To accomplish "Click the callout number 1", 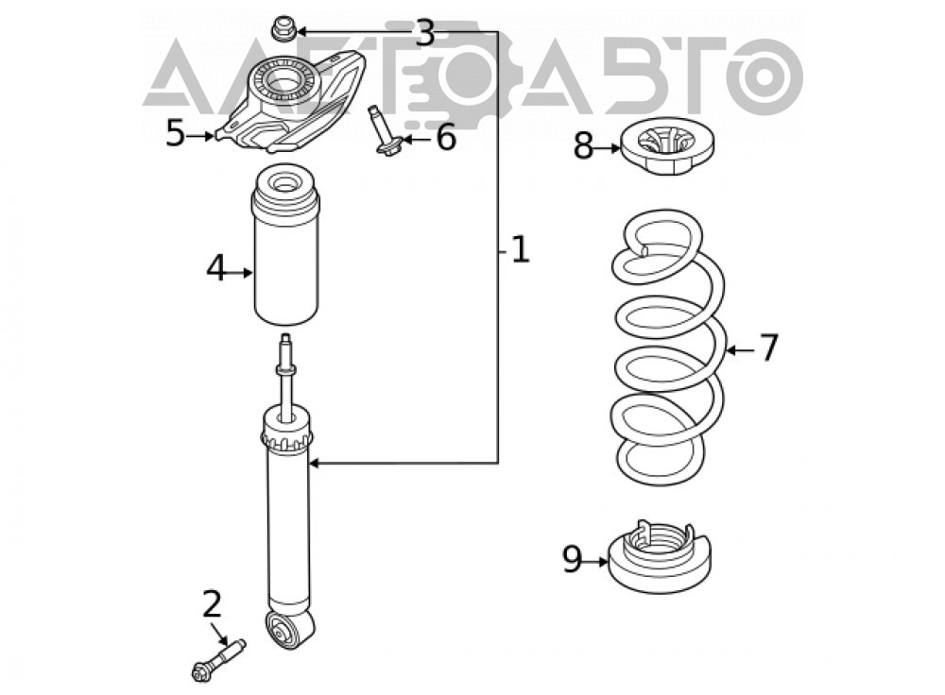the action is coord(520,249).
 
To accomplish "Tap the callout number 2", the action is coord(212,604).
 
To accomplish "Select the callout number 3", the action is coord(425,34).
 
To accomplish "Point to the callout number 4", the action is coord(215,268).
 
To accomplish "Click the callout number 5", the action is coord(176,133).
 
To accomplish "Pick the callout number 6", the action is coord(446,138).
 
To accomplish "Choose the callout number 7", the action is coord(768,347).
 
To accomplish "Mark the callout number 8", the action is coord(583,146).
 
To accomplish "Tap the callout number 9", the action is coord(572,559).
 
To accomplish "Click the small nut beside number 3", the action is coord(282,29).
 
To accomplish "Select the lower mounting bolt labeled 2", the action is coord(219,661).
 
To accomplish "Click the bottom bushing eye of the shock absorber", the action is coord(281,633).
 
